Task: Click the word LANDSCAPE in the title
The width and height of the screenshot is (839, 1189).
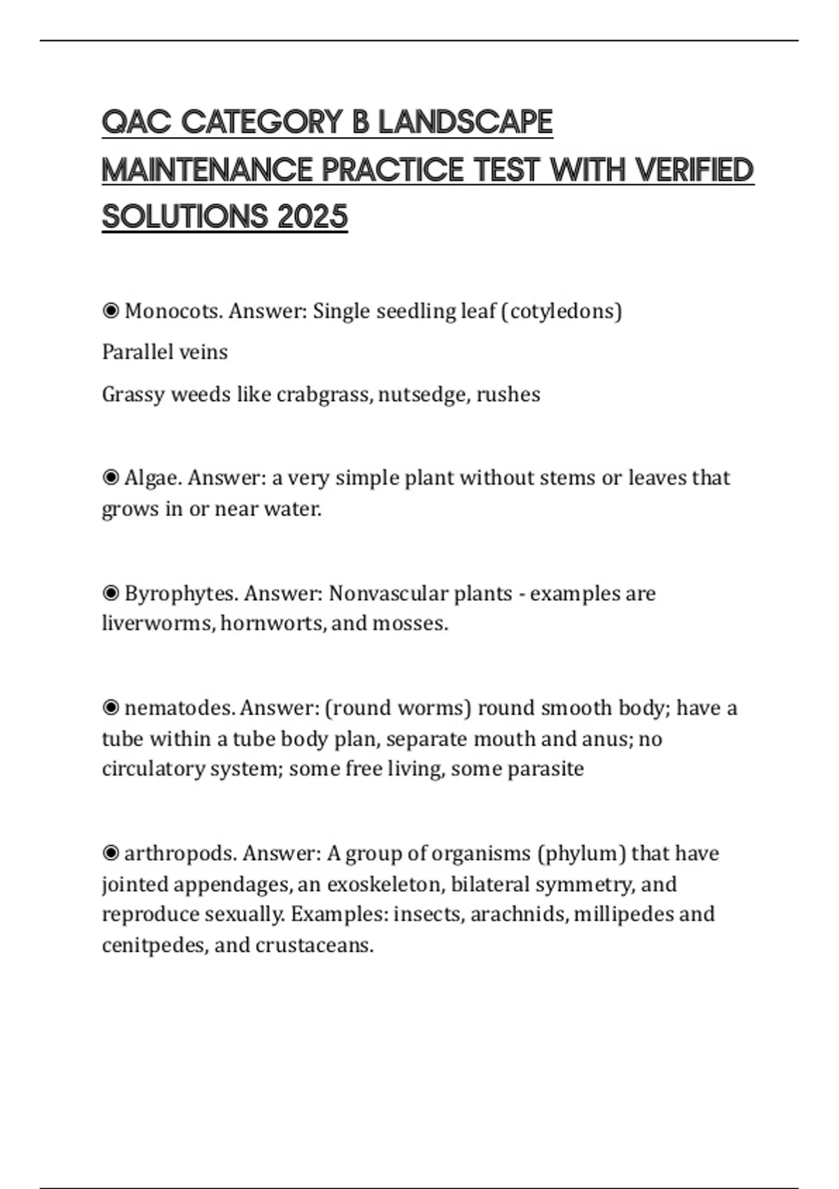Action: (465, 122)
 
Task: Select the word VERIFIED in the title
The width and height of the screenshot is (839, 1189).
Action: (694, 169)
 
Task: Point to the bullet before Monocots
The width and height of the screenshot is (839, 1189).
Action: (110, 311)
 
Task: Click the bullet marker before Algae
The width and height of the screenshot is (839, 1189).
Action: (110, 478)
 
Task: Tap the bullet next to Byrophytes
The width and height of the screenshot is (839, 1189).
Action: (110, 594)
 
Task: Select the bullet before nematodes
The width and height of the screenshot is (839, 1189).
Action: (110, 708)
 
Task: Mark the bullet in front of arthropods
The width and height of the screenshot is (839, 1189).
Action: (110, 853)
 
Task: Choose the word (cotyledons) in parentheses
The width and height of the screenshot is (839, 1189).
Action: (561, 311)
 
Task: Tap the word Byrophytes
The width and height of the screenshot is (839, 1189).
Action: (181, 594)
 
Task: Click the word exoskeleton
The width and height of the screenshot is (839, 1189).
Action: (385, 884)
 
